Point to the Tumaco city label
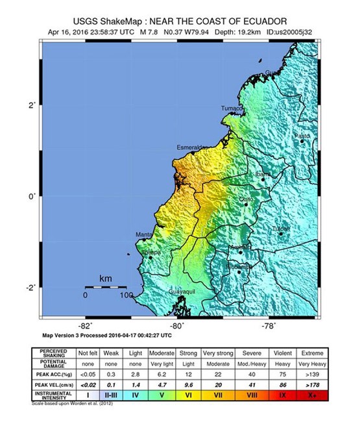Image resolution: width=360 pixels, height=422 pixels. pos(232,108)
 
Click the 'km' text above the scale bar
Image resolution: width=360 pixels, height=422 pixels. pos(105,279)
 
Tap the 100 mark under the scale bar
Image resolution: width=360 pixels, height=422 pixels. pos(125,295)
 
